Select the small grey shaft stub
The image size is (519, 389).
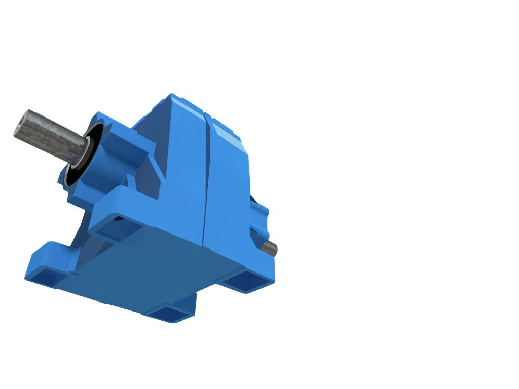click(270, 248)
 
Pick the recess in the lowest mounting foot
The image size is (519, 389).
click(170, 314)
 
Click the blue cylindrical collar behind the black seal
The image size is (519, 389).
click(104, 152)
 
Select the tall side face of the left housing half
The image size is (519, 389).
click(185, 167)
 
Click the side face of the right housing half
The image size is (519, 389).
click(228, 192)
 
